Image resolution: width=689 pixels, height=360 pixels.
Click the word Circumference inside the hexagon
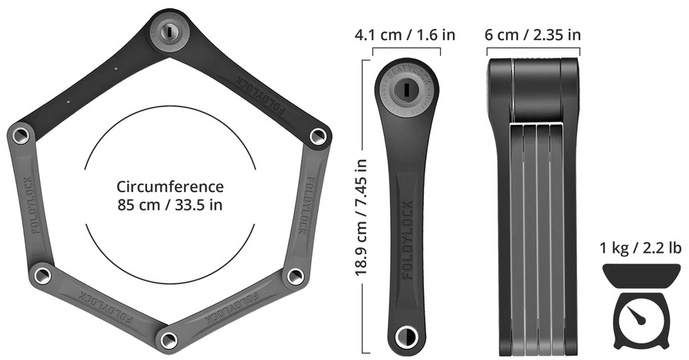pyautogui.click(x=169, y=187)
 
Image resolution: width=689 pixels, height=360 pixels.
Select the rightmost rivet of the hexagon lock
pyautogui.click(x=317, y=133)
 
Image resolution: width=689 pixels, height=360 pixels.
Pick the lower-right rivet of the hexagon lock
pyautogui.click(x=294, y=274)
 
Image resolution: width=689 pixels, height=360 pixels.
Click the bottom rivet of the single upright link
pyautogui.click(x=405, y=335)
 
